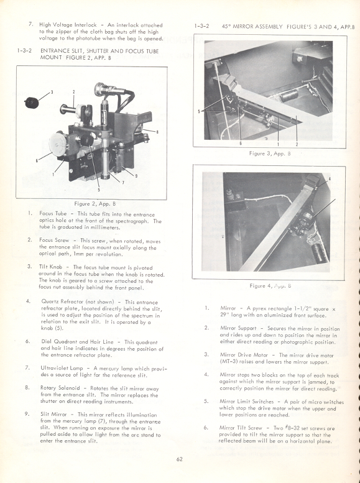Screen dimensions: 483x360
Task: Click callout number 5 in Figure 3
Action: coord(199,112)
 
